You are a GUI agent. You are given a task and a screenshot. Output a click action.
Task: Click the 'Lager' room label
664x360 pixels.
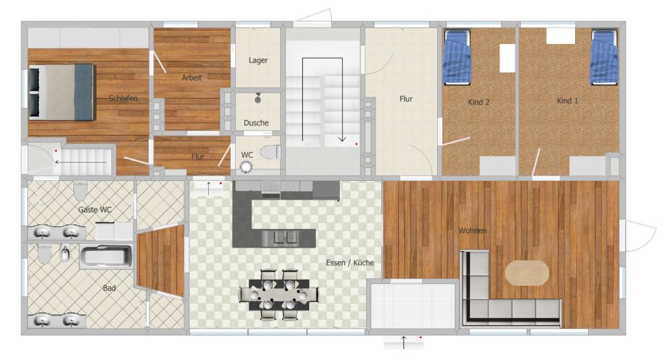pos(258,60)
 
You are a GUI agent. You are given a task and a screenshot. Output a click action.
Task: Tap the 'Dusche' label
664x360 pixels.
pos(256,123)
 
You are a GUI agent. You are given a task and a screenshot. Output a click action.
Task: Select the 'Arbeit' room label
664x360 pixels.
pos(191,77)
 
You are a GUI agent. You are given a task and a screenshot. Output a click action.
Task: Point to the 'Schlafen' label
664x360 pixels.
pos(123,98)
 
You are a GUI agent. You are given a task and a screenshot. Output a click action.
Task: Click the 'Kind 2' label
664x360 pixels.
pos(479,102)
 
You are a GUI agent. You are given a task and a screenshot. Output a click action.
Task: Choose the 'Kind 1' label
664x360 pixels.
pos(567,101)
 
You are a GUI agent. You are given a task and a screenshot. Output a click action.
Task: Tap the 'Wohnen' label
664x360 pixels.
pos(473,230)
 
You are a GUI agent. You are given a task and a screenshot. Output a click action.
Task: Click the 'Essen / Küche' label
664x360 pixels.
pos(350,263)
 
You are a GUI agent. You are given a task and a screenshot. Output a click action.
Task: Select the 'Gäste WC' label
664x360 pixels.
pos(95,210)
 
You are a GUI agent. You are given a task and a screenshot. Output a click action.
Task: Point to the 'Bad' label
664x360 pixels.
pos(109,288)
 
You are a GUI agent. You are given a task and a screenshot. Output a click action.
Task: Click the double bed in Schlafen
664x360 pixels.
pos(61,92)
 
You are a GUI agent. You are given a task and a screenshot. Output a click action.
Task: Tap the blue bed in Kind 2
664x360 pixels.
pos(457,56)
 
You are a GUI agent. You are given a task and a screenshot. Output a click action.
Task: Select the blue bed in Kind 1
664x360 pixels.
pos(604,56)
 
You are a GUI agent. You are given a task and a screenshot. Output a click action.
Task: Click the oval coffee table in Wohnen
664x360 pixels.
pos(527,272)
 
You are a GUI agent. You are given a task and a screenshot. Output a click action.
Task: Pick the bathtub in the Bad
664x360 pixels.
pos(106,257)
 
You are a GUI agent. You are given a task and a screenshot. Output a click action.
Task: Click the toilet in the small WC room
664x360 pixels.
pos(270,152)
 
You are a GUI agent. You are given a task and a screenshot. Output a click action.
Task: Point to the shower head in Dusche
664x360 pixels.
pos(257,98)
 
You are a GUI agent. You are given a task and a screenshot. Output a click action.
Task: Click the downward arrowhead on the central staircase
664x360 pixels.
pos(342,139)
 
